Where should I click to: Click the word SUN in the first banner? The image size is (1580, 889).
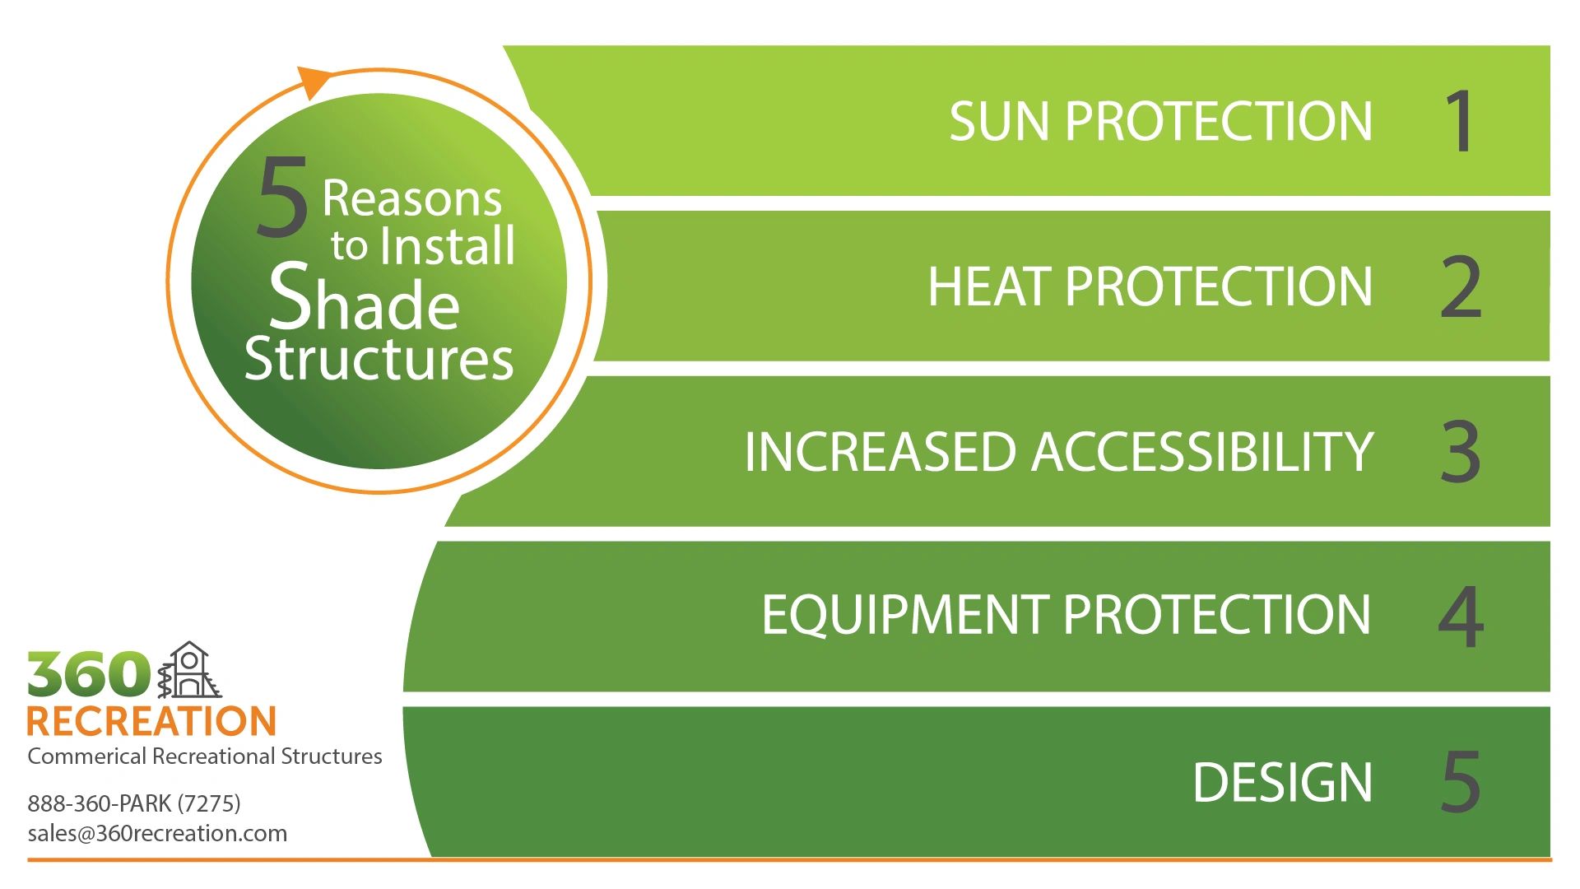point(1001,122)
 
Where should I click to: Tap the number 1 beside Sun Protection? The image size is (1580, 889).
point(1461,122)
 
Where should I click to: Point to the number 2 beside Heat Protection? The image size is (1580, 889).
point(1461,287)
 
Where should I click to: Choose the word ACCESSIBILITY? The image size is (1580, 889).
point(1201,452)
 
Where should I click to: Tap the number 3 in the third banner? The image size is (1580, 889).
point(1461,452)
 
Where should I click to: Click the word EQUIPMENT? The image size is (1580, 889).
point(905,615)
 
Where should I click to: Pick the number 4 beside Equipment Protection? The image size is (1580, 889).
point(1461,617)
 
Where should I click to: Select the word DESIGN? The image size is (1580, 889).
point(1282,782)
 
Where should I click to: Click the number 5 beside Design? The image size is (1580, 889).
point(1461,782)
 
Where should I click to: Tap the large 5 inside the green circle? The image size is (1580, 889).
point(282,198)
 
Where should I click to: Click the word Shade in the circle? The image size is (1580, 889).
point(365,298)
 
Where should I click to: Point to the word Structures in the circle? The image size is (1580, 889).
point(379,360)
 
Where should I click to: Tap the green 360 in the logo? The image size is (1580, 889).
point(88,675)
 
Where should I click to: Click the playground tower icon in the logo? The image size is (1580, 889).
point(190,671)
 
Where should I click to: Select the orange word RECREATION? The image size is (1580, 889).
point(151,722)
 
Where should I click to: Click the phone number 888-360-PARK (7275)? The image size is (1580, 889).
point(134,803)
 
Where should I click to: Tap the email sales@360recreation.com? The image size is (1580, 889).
point(157,833)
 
